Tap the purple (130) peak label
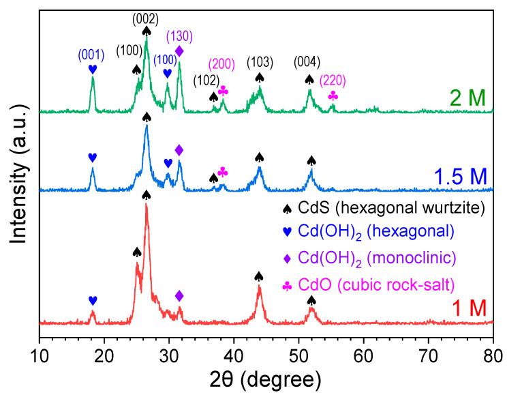click(179, 38)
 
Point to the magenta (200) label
click(222, 65)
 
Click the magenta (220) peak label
click(333, 80)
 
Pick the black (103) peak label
click(259, 62)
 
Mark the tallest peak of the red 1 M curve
click(146, 205)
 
